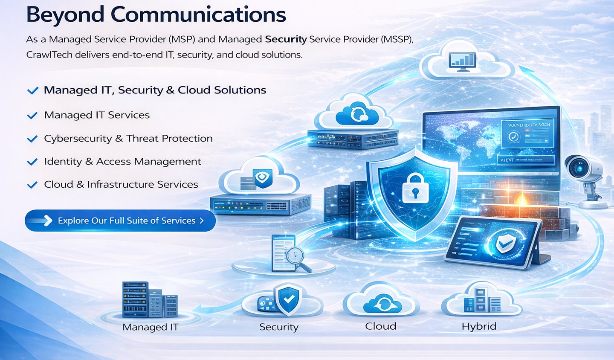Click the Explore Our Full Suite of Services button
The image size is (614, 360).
(x=120, y=221)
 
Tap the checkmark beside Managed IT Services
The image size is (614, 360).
(x=32, y=116)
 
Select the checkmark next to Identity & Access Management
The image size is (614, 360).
(x=32, y=162)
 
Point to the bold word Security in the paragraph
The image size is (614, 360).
(x=286, y=39)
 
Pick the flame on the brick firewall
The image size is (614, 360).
(x=520, y=198)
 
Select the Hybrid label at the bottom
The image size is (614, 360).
(x=479, y=326)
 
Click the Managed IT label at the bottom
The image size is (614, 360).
(x=150, y=327)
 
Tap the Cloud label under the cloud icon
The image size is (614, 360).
(x=381, y=326)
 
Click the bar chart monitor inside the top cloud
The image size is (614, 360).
(x=462, y=61)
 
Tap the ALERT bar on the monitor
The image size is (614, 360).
(x=525, y=160)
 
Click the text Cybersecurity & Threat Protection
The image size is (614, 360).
(x=128, y=139)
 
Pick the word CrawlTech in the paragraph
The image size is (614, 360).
(x=49, y=55)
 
